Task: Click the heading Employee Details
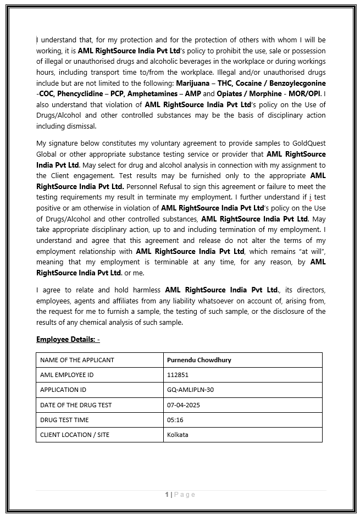[x=68, y=339]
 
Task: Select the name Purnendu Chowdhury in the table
[x=199, y=360]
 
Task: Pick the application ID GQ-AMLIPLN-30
[x=190, y=390]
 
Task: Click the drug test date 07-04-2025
[x=184, y=405]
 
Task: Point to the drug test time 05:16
[x=175, y=420]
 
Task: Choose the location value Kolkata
[x=178, y=435]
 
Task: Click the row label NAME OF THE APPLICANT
[x=77, y=360]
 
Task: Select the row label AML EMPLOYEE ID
[x=67, y=375]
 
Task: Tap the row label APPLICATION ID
[x=63, y=390]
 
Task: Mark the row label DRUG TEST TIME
[x=64, y=420]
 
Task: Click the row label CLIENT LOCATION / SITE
[x=75, y=435]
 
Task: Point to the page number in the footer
[x=180, y=495]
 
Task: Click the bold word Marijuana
[x=192, y=83]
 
